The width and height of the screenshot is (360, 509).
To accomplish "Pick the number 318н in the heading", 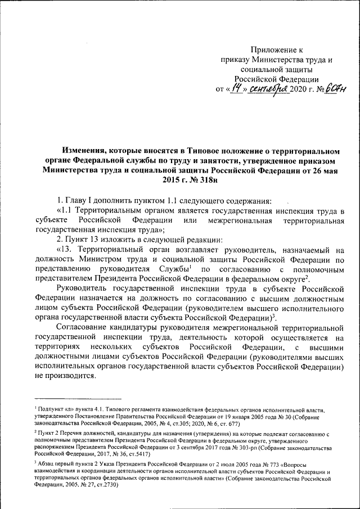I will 201,181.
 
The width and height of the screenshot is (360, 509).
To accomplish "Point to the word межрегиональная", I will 239,220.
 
